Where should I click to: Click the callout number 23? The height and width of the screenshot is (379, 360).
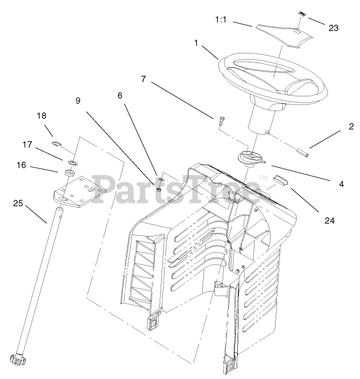pyautogui.click(x=333, y=28)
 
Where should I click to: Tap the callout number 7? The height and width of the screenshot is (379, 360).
pyautogui.click(x=143, y=79)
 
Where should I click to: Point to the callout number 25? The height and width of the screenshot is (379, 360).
pyautogui.click(x=18, y=203)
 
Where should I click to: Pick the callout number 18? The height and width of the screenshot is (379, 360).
pyautogui.click(x=41, y=116)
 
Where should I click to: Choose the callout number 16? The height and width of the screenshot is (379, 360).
pyautogui.click(x=21, y=165)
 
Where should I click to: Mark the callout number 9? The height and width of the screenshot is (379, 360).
pyautogui.click(x=78, y=101)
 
